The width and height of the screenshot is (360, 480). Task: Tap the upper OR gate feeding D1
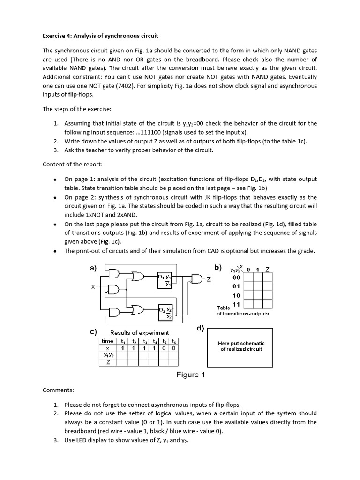click(x=139, y=277)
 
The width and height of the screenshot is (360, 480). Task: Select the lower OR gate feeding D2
click(x=139, y=310)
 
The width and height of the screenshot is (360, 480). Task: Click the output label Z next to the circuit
click(x=209, y=280)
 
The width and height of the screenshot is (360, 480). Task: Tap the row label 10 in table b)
click(x=236, y=295)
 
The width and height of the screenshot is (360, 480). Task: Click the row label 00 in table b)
click(x=236, y=277)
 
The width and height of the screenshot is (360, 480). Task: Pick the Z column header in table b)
click(x=267, y=269)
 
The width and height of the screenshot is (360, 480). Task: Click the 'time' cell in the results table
click(x=107, y=341)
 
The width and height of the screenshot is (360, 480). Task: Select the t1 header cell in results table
click(x=123, y=341)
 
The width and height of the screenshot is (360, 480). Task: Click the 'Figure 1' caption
click(x=190, y=375)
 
